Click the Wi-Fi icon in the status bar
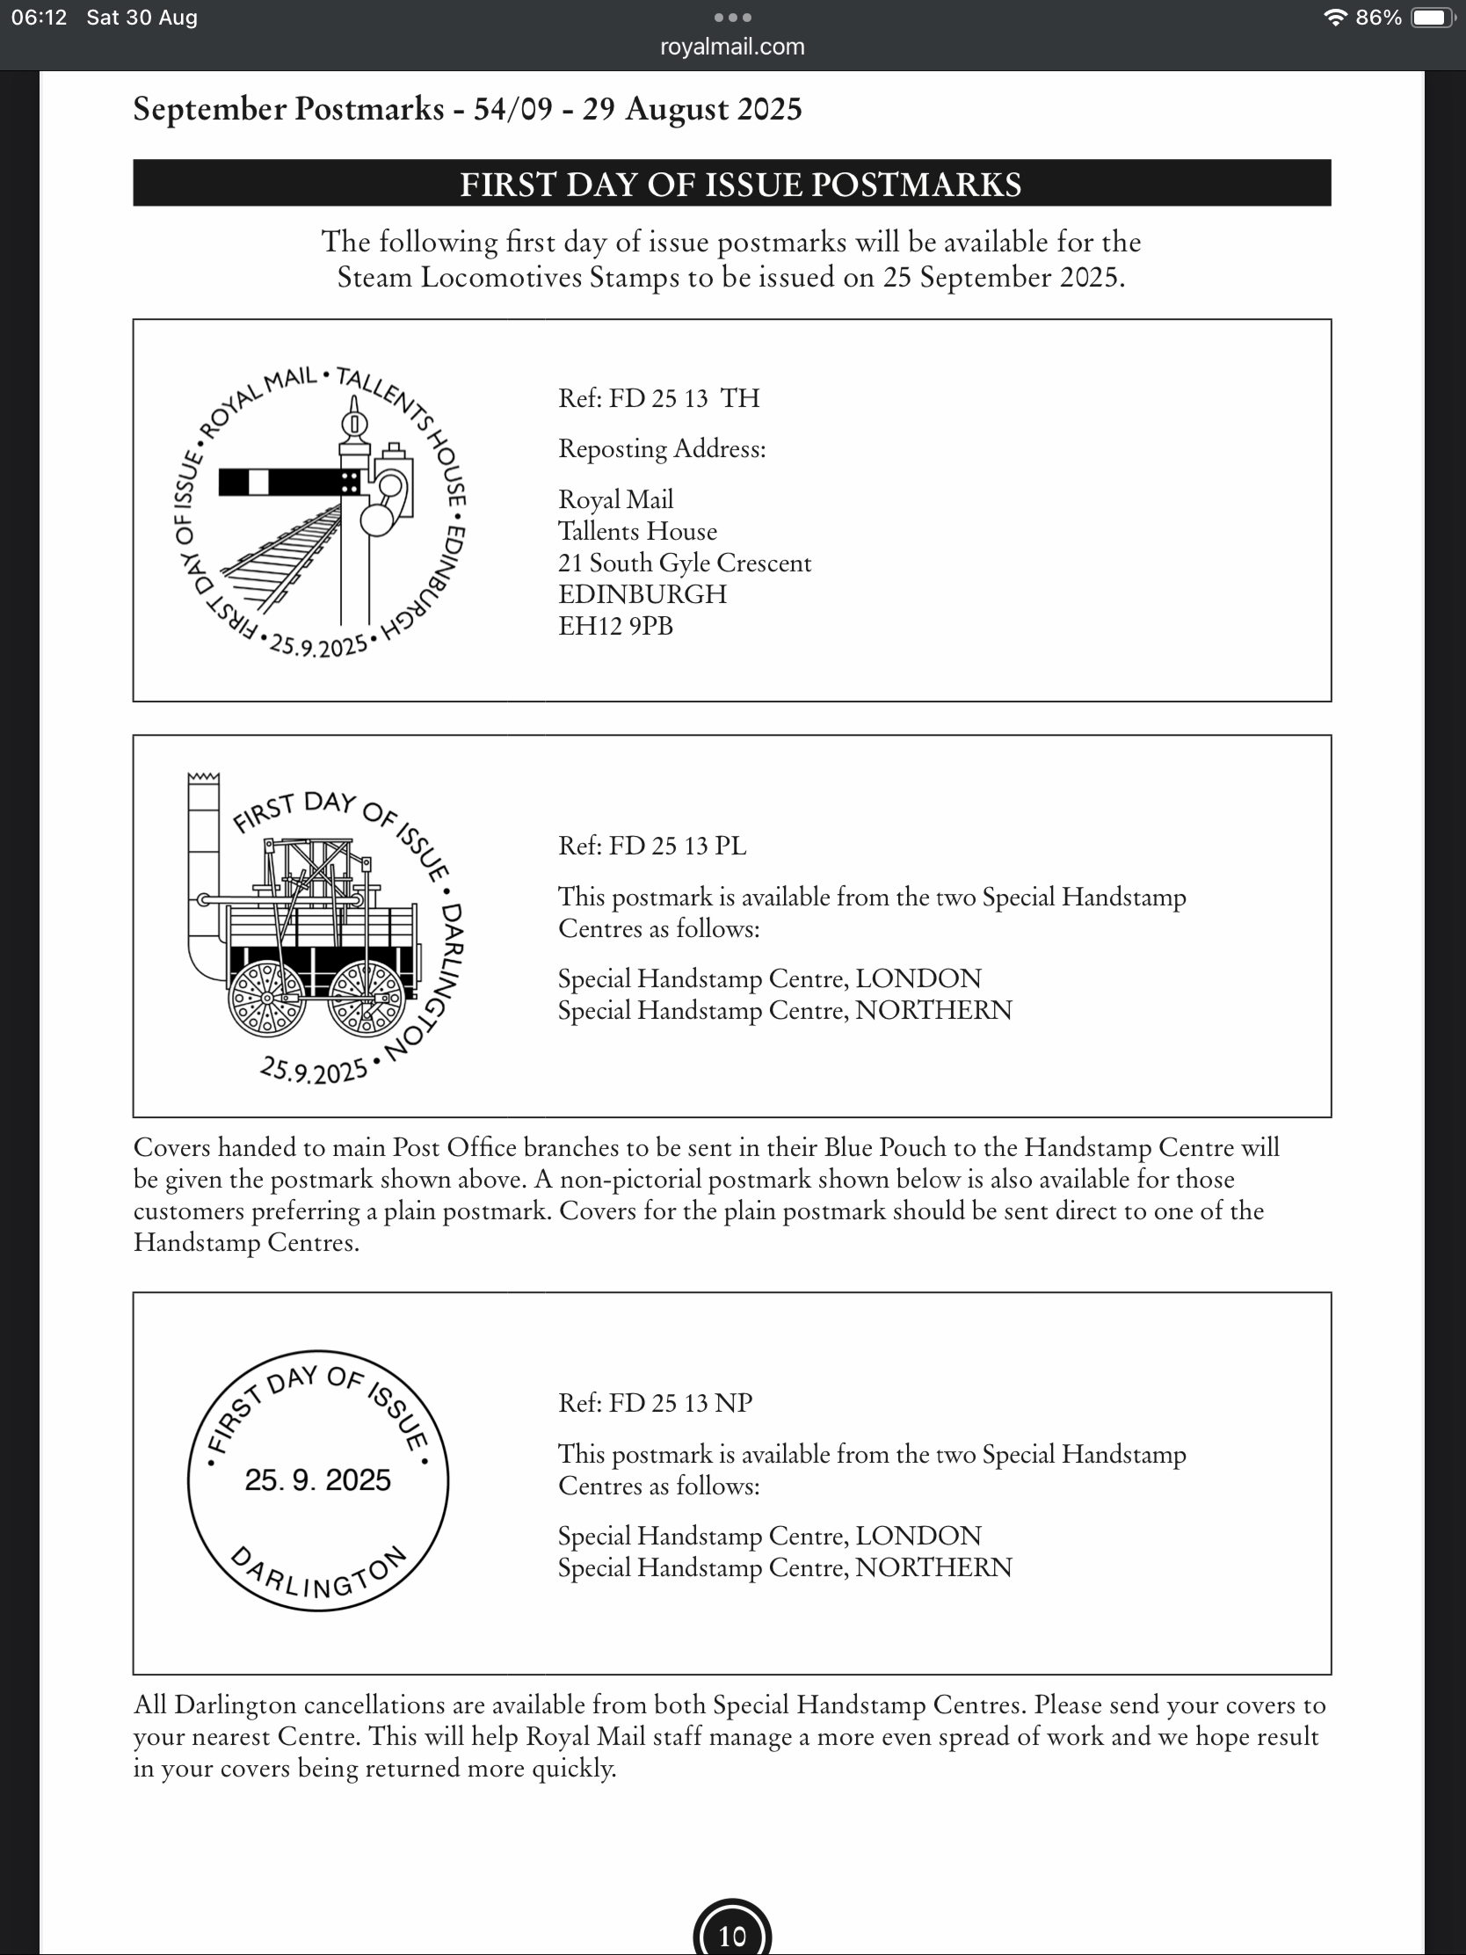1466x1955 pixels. click(1334, 18)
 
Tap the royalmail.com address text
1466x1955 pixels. click(731, 47)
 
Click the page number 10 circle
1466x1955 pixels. click(731, 1936)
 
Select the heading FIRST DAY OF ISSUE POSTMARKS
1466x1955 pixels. click(741, 184)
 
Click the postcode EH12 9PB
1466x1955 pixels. click(615, 626)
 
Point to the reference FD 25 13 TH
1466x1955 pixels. click(658, 398)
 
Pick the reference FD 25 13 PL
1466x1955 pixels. click(652, 846)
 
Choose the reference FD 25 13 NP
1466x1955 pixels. click(655, 1403)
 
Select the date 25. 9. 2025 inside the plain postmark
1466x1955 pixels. click(318, 1480)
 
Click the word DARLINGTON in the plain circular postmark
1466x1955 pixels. click(318, 1578)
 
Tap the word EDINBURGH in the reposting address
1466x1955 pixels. click(642, 594)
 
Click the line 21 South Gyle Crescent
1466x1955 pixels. click(684, 563)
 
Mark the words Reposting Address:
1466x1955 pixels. click(662, 449)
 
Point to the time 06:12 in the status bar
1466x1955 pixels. click(39, 18)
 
